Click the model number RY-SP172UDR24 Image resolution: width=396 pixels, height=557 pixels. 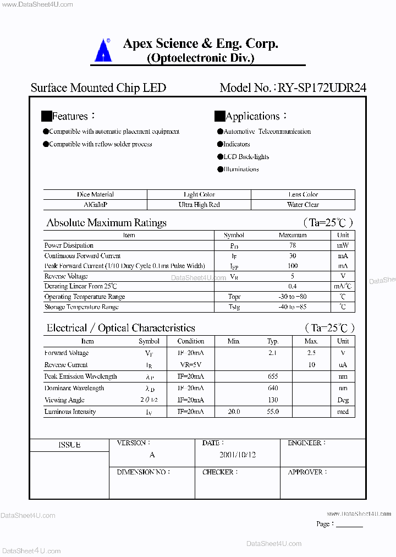coord(322,88)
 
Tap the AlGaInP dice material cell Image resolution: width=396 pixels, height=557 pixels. coord(95,205)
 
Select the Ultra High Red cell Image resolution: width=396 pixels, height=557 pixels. coord(199,205)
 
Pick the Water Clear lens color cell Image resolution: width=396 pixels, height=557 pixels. coord(303,205)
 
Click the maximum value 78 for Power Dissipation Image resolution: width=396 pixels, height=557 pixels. coord(293,245)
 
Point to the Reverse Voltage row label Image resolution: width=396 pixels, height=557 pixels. coord(66,276)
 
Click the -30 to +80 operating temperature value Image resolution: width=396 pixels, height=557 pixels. coord(293,297)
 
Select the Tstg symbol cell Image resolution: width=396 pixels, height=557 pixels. coord(234,307)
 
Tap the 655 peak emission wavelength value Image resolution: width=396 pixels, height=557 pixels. coord(273,376)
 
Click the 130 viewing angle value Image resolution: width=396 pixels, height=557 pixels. coord(273,400)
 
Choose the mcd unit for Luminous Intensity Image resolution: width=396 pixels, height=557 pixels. coord(343,412)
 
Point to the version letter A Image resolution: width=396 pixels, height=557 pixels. coord(152,455)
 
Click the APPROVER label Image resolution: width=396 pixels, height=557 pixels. coord(306,472)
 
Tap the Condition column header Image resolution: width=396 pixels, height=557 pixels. coord(191,341)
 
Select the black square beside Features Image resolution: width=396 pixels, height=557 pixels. coord(46,116)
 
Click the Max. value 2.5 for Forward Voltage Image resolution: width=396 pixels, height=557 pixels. coord(311,353)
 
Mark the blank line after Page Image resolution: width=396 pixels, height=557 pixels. coord(349,526)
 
